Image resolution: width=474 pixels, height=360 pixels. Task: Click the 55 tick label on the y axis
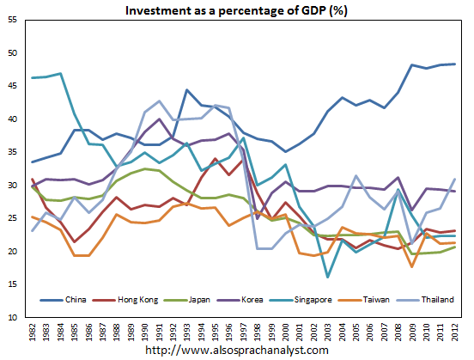tap(14, 20)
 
